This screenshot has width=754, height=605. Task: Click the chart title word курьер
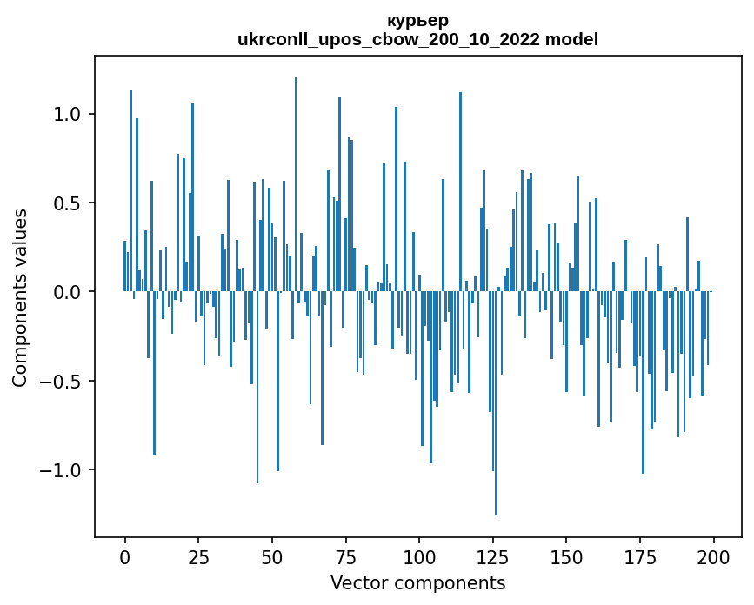[417, 21]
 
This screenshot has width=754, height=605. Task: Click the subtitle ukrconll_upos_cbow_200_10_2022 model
[417, 39]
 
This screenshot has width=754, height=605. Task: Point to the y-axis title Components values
[20, 297]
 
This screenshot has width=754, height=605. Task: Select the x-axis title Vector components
[417, 582]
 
